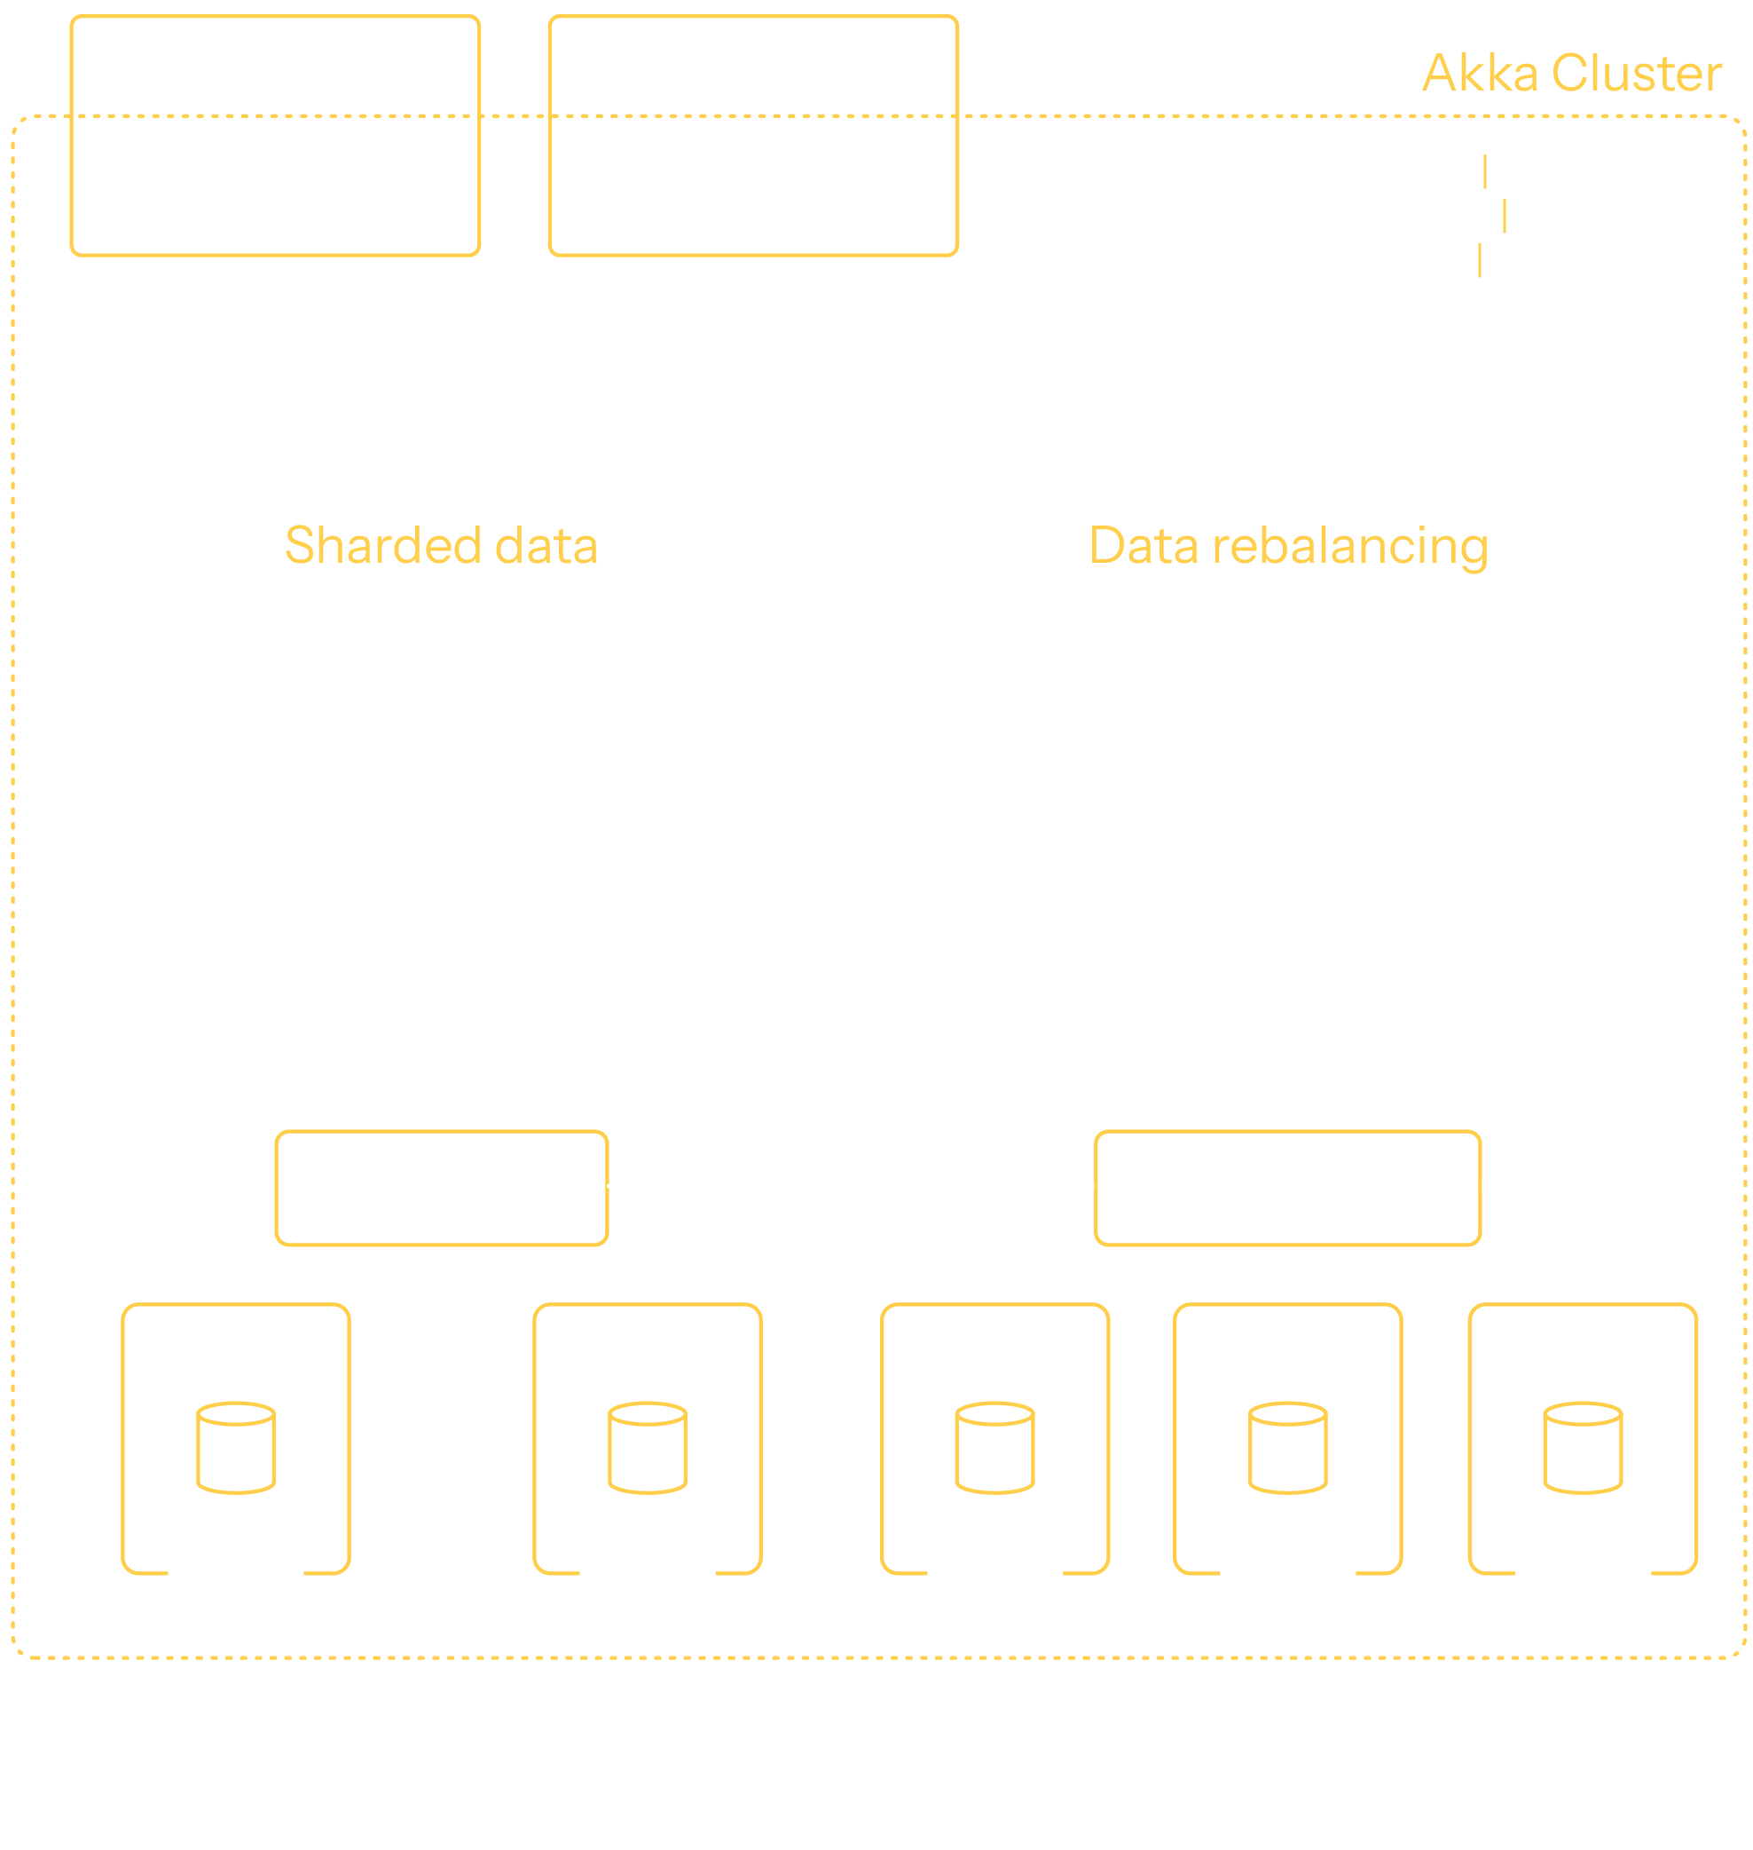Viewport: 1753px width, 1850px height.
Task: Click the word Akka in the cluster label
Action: click(1480, 74)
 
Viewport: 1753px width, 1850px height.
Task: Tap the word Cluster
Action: click(1636, 74)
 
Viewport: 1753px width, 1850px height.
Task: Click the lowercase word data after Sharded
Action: click(546, 546)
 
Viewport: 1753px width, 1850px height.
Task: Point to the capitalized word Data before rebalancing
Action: click(1144, 546)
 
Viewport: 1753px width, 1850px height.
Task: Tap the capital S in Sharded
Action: click(300, 546)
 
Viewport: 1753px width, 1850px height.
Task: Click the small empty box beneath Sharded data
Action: click(442, 1188)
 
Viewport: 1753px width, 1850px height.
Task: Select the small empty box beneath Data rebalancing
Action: click(1287, 1188)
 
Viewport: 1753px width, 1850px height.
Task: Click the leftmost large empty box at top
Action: click(276, 136)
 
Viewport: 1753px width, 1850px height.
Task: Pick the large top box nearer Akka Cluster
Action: click(753, 136)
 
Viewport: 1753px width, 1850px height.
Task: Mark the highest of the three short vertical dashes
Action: click(1485, 172)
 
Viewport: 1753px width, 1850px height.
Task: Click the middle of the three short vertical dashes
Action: click(1505, 216)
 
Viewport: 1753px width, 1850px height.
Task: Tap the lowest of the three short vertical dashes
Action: click(1479, 260)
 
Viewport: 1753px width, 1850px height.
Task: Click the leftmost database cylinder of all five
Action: click(236, 1448)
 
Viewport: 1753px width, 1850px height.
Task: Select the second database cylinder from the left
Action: click(648, 1448)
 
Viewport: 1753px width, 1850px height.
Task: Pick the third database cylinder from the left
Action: click(995, 1448)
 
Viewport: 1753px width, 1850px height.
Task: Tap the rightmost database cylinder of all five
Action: click(1583, 1448)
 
